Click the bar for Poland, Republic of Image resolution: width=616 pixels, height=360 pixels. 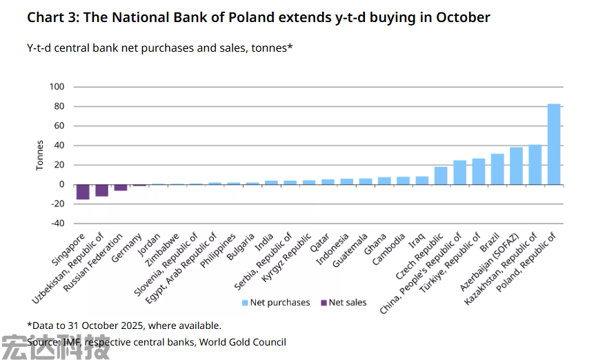point(553,144)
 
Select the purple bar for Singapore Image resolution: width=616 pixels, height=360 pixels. point(83,192)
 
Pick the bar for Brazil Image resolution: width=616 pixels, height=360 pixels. point(497,169)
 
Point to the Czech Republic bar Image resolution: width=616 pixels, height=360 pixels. point(441,175)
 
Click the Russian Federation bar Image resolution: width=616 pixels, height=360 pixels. point(121,188)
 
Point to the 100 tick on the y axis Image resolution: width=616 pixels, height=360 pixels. point(57,87)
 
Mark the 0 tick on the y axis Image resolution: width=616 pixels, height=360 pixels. point(61,184)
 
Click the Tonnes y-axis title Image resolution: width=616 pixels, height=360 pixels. point(40,155)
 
